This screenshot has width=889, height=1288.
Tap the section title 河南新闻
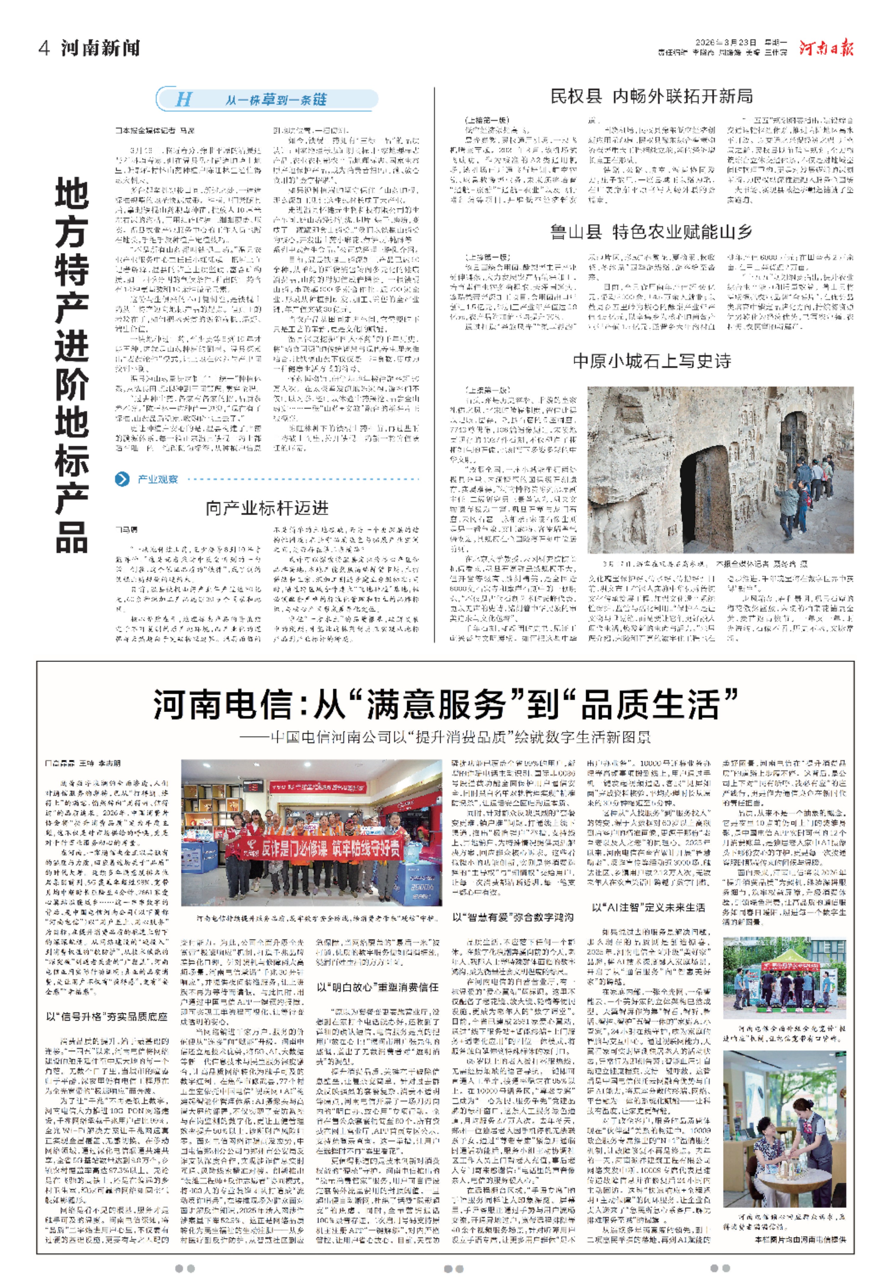coord(100,48)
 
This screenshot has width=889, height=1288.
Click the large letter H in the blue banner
coord(183,100)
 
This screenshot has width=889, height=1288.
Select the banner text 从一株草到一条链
coord(276,100)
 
